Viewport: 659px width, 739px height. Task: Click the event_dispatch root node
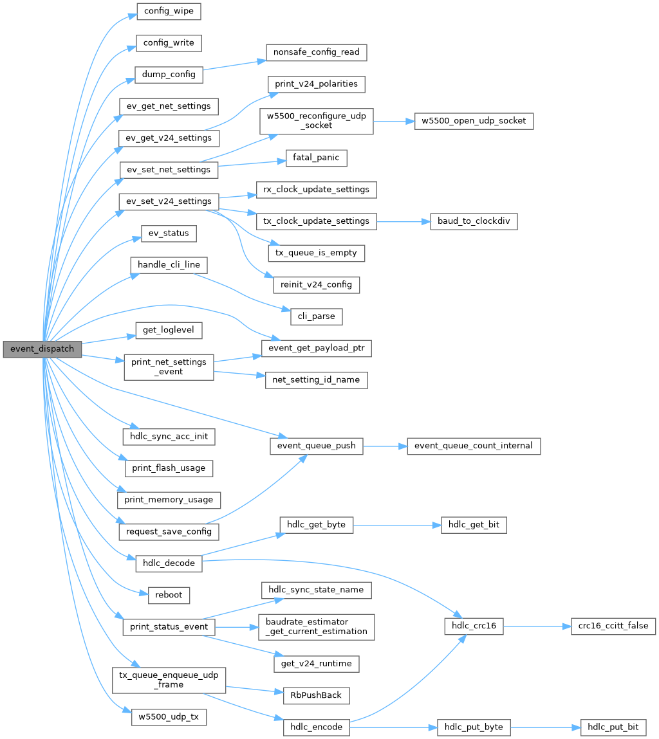pyautogui.click(x=42, y=349)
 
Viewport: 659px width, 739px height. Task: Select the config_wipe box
pyautogui.click(x=169, y=12)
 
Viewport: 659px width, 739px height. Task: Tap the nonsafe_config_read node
pyautogui.click(x=316, y=52)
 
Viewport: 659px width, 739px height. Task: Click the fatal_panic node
pyautogui.click(x=315, y=157)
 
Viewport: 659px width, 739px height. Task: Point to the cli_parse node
pyautogui.click(x=316, y=316)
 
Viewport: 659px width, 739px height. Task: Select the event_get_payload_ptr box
pyautogui.click(x=316, y=349)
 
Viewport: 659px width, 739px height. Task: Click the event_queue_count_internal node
pyautogui.click(x=474, y=445)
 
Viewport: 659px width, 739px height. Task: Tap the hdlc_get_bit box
pyautogui.click(x=474, y=525)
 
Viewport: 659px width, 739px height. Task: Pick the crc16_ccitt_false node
pyautogui.click(x=613, y=625)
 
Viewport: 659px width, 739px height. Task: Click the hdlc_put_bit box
pyautogui.click(x=613, y=727)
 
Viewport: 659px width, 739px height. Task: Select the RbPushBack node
pyautogui.click(x=316, y=695)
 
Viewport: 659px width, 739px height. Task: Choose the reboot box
pyautogui.click(x=169, y=595)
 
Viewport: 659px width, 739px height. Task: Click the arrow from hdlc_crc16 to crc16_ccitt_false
pyautogui.click(x=537, y=625)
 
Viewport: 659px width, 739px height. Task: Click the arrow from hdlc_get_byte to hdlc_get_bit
pyautogui.click(x=396, y=525)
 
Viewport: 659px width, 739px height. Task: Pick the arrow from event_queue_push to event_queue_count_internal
pyautogui.click(x=384, y=445)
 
